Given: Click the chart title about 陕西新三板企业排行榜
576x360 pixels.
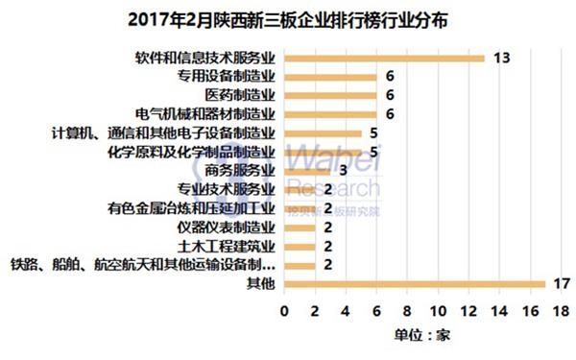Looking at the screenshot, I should tap(287, 18).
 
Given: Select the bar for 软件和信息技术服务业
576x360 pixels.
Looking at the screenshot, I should tap(384, 58).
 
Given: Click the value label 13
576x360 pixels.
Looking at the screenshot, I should tap(500, 58).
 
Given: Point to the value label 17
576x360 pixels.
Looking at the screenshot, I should tap(562, 283).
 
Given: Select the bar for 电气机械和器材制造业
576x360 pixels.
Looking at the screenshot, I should tap(330, 114).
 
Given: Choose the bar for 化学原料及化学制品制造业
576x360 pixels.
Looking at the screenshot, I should tap(323, 152).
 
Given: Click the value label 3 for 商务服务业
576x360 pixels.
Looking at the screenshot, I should tap(341, 170).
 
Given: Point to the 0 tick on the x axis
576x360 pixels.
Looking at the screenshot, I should tap(284, 313).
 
